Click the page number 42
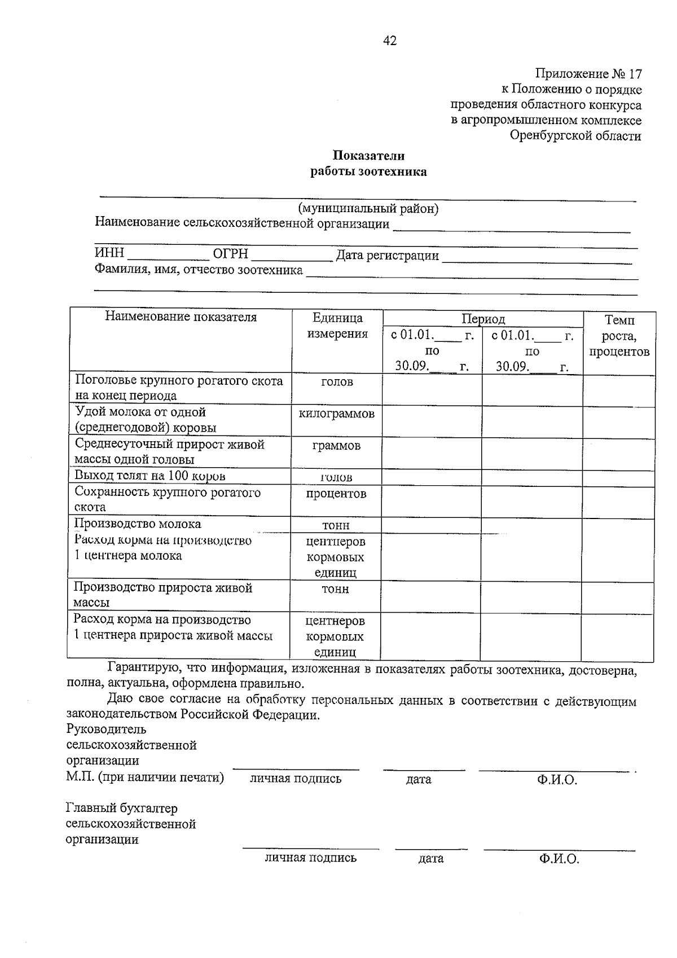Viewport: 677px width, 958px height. click(x=390, y=41)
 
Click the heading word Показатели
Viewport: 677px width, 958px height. click(x=368, y=156)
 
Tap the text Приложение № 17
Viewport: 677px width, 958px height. click(x=588, y=74)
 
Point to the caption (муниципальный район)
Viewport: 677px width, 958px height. click(x=368, y=209)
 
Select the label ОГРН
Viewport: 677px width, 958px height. click(x=230, y=254)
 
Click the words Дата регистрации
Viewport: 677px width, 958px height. click(x=387, y=256)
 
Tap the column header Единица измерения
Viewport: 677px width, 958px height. click(x=337, y=326)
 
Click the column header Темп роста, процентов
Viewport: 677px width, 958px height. click(x=619, y=336)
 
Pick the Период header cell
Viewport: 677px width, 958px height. click(x=483, y=319)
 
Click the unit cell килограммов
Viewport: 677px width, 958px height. click(x=336, y=414)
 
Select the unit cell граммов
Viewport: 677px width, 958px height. click(x=336, y=446)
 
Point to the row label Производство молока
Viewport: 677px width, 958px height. click(x=138, y=524)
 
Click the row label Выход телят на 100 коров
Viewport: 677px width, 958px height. click(x=150, y=476)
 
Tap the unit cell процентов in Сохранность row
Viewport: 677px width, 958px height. click(x=336, y=494)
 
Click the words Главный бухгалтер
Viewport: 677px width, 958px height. click(x=121, y=808)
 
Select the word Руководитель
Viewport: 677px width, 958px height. click(x=106, y=730)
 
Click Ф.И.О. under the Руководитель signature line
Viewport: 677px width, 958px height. click(x=557, y=780)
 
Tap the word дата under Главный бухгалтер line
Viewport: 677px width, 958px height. click(x=431, y=859)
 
